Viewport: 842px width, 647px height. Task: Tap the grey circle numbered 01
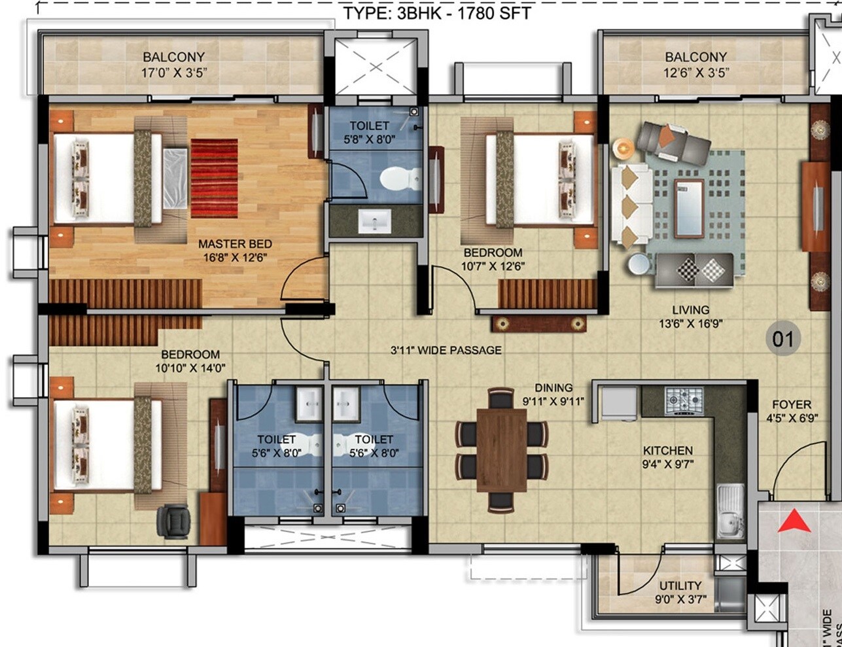click(x=783, y=339)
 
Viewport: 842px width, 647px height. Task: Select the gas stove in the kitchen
click(x=684, y=399)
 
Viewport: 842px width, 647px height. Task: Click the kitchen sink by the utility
click(x=729, y=511)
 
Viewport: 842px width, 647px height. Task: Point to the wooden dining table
click(x=502, y=449)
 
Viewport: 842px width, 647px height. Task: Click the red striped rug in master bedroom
click(x=215, y=178)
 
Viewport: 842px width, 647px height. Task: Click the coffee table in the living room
click(x=689, y=208)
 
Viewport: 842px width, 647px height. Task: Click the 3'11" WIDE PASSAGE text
click(x=446, y=351)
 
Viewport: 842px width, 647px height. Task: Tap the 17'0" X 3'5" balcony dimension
click(x=174, y=72)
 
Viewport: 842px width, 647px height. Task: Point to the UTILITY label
click(x=680, y=586)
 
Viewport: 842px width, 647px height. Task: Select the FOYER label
click(x=791, y=404)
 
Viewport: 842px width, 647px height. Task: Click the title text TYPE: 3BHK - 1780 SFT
click(x=438, y=12)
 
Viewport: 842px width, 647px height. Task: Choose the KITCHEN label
click(x=667, y=451)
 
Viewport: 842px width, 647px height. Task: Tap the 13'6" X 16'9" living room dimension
click(x=690, y=323)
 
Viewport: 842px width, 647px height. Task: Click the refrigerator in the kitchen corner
click(x=619, y=402)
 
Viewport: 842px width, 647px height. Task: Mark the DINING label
click(x=553, y=388)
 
